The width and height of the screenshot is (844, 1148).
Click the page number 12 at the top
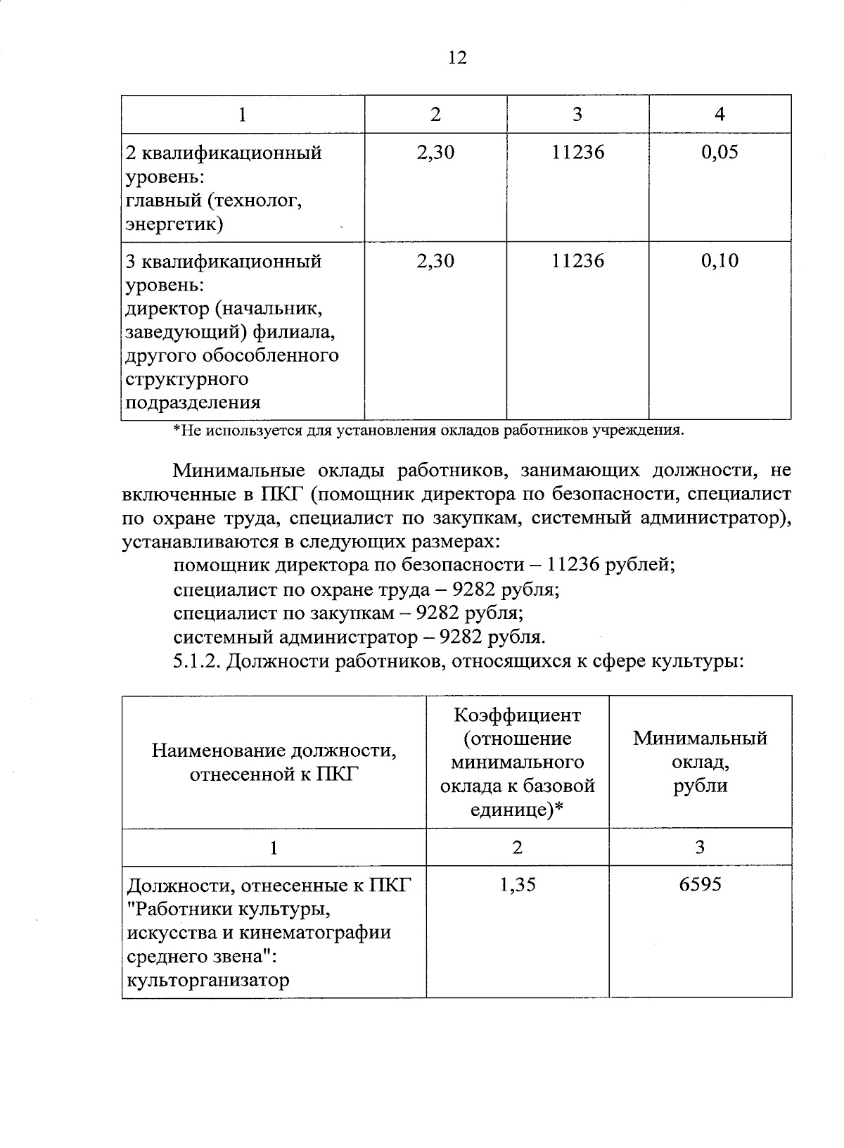(457, 58)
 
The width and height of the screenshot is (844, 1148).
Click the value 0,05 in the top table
(720, 153)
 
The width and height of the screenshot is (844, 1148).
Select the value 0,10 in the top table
(720, 261)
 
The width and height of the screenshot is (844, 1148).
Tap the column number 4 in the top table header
(720, 115)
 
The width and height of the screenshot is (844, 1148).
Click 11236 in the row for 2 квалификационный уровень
(577, 153)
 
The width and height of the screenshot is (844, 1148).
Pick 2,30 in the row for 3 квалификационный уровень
(435, 261)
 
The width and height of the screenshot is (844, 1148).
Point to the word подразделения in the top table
(193, 403)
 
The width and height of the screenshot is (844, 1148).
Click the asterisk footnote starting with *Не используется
(428, 431)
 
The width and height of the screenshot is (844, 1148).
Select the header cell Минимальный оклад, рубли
(700, 761)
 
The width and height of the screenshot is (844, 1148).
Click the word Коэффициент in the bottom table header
(518, 715)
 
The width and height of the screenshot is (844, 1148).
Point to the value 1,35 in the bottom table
(518, 885)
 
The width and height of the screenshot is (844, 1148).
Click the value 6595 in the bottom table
(700, 885)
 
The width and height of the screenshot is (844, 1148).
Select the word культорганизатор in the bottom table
(207, 980)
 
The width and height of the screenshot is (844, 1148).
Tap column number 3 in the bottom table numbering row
(700, 847)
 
